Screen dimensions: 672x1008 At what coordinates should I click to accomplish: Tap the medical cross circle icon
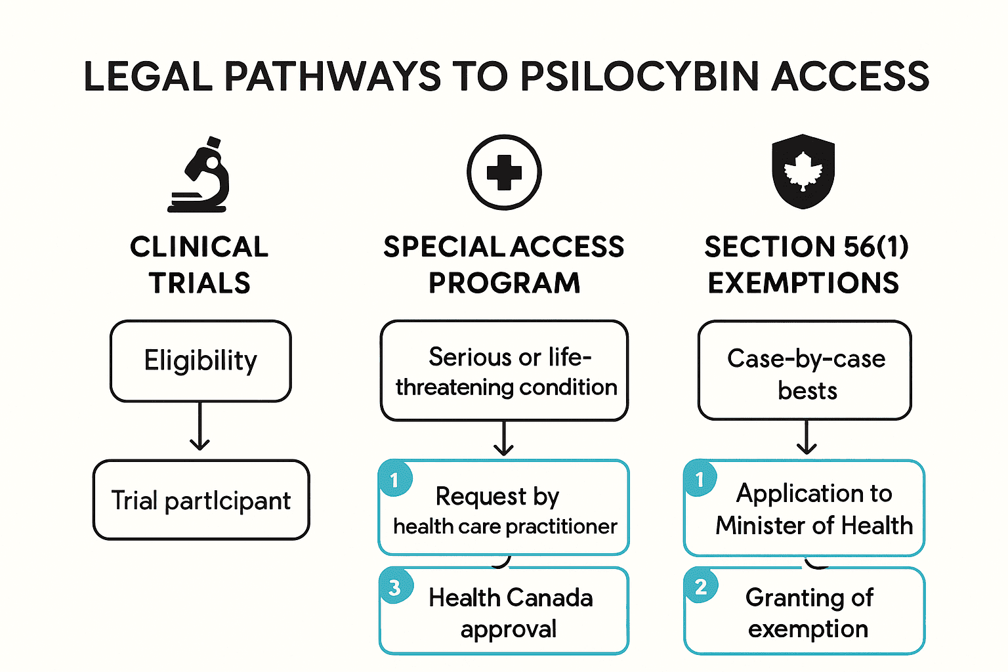(x=504, y=173)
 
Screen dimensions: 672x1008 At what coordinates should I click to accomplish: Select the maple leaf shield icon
(x=803, y=171)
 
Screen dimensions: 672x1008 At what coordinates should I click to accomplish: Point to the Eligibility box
(x=200, y=361)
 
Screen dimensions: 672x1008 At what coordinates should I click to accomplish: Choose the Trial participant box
(x=201, y=500)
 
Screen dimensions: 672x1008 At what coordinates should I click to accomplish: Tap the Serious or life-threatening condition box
(x=504, y=371)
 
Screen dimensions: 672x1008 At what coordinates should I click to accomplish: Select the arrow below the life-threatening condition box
(x=503, y=439)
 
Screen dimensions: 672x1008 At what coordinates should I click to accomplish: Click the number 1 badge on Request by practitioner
(x=394, y=480)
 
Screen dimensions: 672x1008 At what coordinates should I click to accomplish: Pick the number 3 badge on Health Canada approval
(x=394, y=587)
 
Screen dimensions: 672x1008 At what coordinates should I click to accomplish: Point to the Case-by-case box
(x=805, y=371)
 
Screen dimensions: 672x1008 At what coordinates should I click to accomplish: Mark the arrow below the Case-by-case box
(x=807, y=438)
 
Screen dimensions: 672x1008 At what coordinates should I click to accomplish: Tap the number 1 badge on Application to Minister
(x=700, y=479)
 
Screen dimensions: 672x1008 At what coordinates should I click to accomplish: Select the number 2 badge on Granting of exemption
(x=700, y=586)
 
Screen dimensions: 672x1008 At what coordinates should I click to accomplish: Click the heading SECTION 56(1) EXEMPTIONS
(x=805, y=264)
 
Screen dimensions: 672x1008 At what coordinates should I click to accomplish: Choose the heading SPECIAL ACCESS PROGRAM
(x=504, y=264)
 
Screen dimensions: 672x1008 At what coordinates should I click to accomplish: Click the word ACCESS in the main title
(x=850, y=77)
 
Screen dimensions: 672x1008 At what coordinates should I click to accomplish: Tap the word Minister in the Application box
(x=759, y=526)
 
